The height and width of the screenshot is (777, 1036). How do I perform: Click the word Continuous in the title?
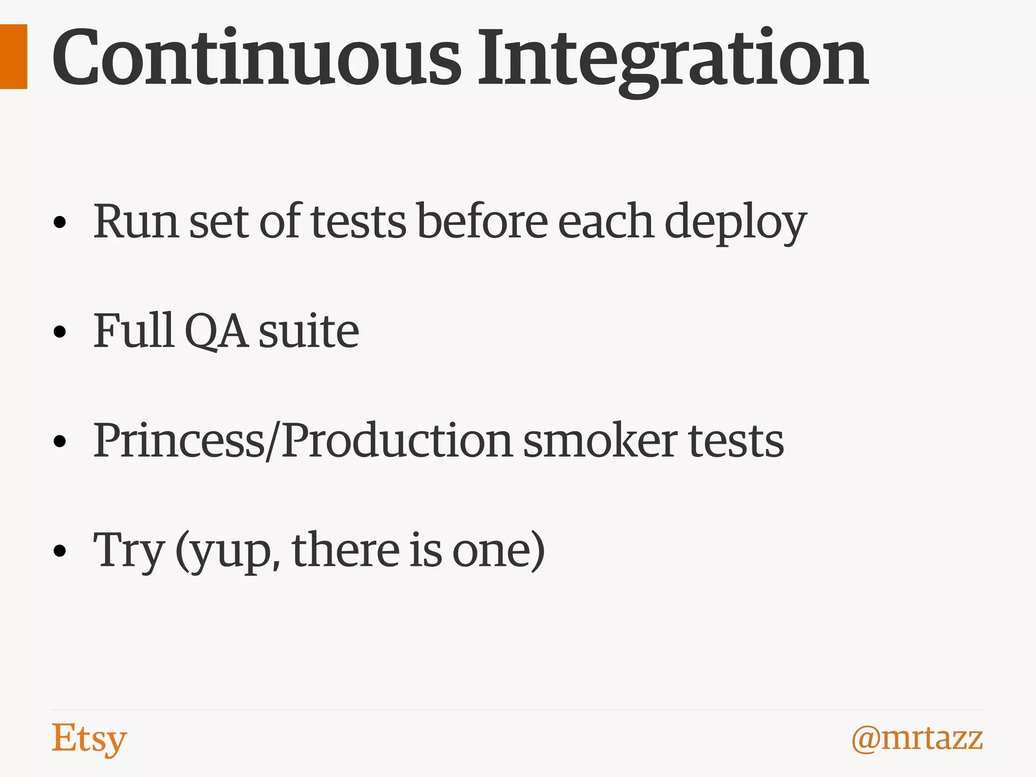(x=256, y=58)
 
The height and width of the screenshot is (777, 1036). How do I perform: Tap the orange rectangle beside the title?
(x=13, y=57)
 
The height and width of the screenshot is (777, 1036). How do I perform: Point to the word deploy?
(x=735, y=223)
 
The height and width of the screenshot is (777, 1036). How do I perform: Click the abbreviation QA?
(x=217, y=331)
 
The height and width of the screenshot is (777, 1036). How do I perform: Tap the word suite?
(x=309, y=331)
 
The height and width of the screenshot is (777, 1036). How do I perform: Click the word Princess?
(x=179, y=440)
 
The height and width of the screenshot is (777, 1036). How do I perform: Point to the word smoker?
(x=599, y=440)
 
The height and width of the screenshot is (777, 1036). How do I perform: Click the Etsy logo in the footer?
(x=89, y=739)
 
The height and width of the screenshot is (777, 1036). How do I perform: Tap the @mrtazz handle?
(x=917, y=739)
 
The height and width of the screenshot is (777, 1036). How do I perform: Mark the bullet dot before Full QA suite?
(x=60, y=332)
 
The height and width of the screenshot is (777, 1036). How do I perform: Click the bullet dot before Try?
(x=60, y=550)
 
